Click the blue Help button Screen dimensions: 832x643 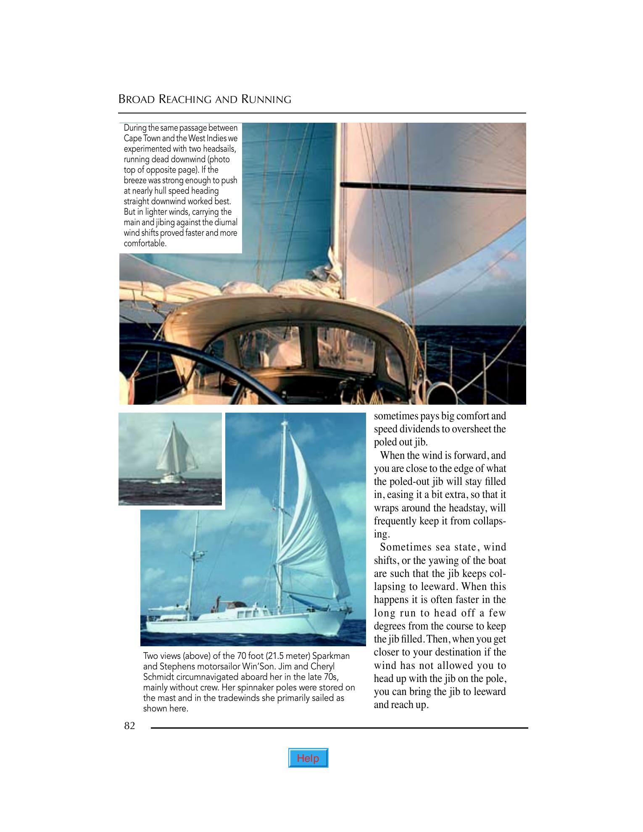tap(308, 758)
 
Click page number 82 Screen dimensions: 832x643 tap(129, 726)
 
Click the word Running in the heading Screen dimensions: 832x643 tap(266, 100)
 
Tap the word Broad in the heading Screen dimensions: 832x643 tap(137, 100)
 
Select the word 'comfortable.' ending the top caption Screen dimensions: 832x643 tap(145, 243)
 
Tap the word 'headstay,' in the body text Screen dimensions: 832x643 tap(466, 508)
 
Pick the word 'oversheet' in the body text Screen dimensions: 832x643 tap(463, 429)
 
